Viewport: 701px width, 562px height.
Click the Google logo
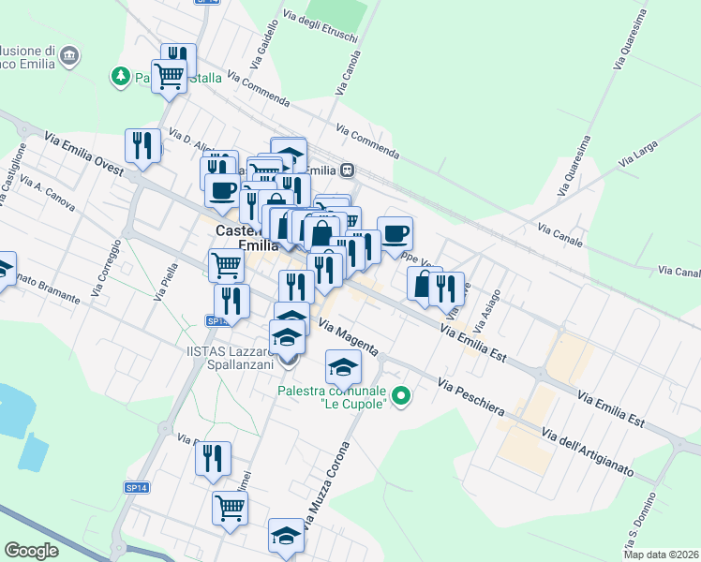pos(32,551)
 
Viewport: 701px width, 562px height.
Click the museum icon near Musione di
pos(68,57)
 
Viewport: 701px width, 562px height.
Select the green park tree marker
pos(120,76)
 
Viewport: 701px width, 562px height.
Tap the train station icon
pos(348,170)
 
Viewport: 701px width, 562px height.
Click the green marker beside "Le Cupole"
pos(401,396)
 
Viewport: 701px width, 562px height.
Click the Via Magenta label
pos(349,339)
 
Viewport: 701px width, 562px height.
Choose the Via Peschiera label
pos(471,397)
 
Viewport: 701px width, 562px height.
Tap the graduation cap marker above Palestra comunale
pos(343,364)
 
